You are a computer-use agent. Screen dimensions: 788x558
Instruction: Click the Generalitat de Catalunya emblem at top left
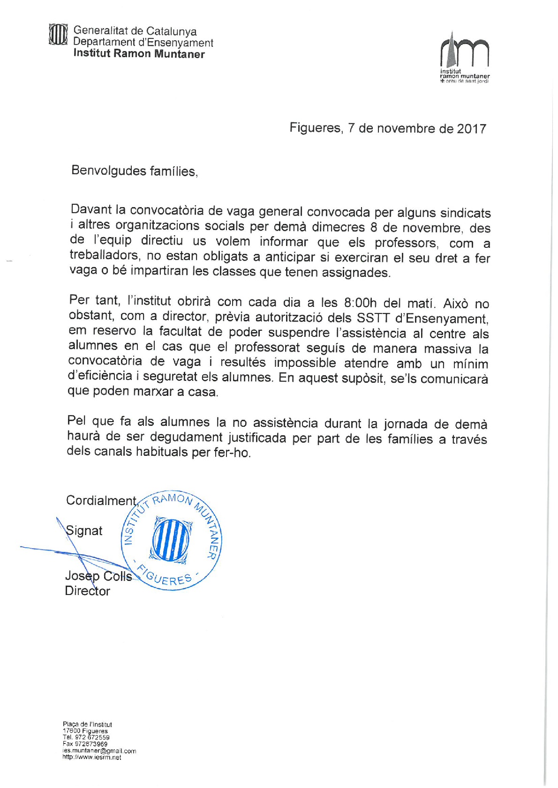pyautogui.click(x=58, y=35)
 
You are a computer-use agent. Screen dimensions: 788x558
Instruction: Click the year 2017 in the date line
pyautogui.click(x=471, y=129)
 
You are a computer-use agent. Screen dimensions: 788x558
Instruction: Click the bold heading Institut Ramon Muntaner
pyautogui.click(x=139, y=53)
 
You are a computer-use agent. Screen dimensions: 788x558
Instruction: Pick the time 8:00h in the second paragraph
pyautogui.click(x=360, y=303)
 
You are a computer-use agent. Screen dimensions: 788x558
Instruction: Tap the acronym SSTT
pyautogui.click(x=373, y=318)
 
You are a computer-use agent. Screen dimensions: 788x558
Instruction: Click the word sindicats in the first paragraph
pyautogui.click(x=465, y=213)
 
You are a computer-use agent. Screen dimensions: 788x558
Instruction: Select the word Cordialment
pyautogui.click(x=101, y=500)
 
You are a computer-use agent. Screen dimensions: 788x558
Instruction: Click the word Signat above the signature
pyautogui.click(x=84, y=530)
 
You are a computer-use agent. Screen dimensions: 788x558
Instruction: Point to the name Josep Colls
pyautogui.click(x=98, y=576)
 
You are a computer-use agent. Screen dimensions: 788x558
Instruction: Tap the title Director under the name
pyautogui.click(x=87, y=591)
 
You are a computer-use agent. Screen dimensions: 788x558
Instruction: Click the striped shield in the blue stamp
pyautogui.click(x=171, y=540)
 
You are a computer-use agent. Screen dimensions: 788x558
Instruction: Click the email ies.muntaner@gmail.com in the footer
pyautogui.click(x=99, y=751)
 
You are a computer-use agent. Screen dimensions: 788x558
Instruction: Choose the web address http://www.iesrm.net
pyautogui.click(x=92, y=757)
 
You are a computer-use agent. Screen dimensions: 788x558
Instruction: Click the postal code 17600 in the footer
pyautogui.click(x=71, y=731)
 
